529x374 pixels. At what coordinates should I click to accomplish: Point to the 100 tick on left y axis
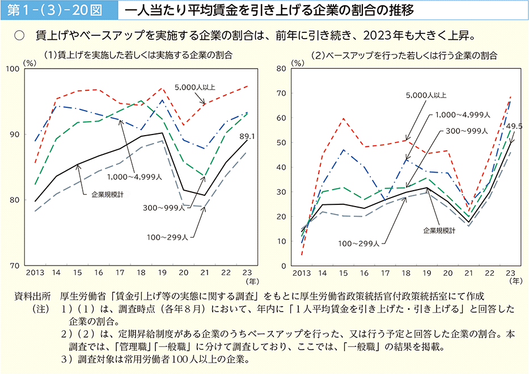pyautogui.click(x=27, y=69)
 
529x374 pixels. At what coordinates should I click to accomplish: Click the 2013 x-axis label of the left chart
pyautogui.click(x=35, y=273)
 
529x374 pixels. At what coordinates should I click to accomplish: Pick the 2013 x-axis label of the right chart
pyautogui.click(x=302, y=273)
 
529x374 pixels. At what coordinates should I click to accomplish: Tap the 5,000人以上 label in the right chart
pyautogui.click(x=426, y=95)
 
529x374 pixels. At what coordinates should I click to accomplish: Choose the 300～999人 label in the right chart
pyautogui.click(x=467, y=131)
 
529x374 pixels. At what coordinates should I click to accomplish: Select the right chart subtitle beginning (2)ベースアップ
pyautogui.click(x=404, y=55)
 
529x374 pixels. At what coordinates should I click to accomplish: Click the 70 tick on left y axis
pyautogui.click(x=29, y=266)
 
